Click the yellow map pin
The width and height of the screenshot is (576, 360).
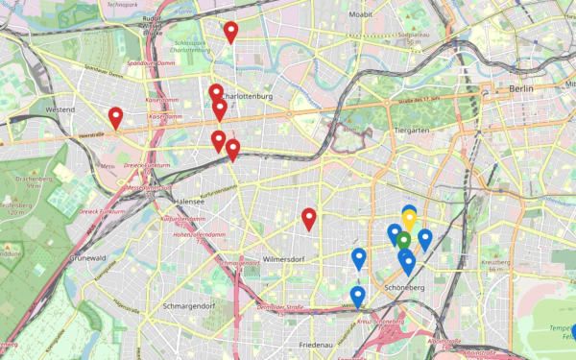pyautogui.click(x=409, y=220)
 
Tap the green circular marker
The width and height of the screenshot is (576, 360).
pyautogui.click(x=404, y=240)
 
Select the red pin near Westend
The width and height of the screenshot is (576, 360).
pyautogui.click(x=116, y=118)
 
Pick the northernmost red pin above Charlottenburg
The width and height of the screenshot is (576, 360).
pyautogui.click(x=230, y=33)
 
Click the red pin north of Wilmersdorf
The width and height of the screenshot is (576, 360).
pyautogui.click(x=309, y=219)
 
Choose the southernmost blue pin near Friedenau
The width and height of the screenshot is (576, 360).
pyautogui.click(x=358, y=297)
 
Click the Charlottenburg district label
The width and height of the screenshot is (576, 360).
pyautogui.click(x=248, y=97)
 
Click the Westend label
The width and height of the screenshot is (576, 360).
pyautogui.click(x=60, y=110)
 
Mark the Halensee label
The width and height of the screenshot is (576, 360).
pyautogui.click(x=189, y=202)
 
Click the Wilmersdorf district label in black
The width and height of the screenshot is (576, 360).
pyautogui.click(x=284, y=258)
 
